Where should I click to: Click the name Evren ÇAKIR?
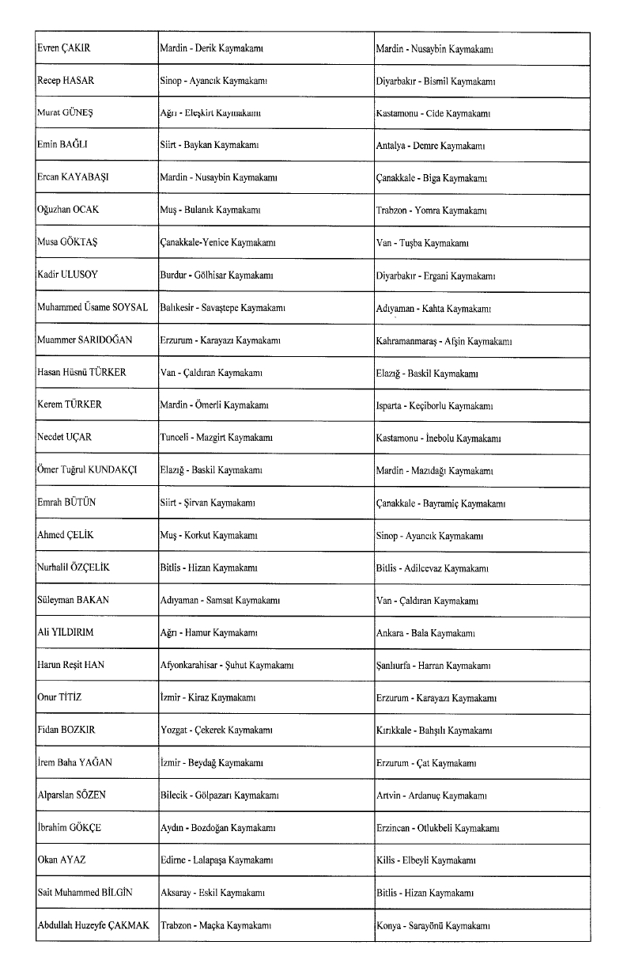click(x=64, y=48)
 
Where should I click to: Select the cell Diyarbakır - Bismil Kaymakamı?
click(x=435, y=81)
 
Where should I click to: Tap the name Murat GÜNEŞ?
click(x=65, y=113)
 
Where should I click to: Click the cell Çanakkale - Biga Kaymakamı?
click(x=431, y=178)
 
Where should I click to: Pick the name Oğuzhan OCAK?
click(x=70, y=211)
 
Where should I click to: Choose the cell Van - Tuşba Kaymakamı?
click(x=422, y=243)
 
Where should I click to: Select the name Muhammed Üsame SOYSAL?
click(x=93, y=307)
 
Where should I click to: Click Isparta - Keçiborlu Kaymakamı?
click(x=435, y=405)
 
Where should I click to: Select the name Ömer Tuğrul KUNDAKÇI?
click(x=87, y=469)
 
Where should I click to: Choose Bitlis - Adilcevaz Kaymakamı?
click(x=432, y=568)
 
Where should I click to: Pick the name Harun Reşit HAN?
click(x=70, y=665)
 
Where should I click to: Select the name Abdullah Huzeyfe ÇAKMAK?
click(x=93, y=924)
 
